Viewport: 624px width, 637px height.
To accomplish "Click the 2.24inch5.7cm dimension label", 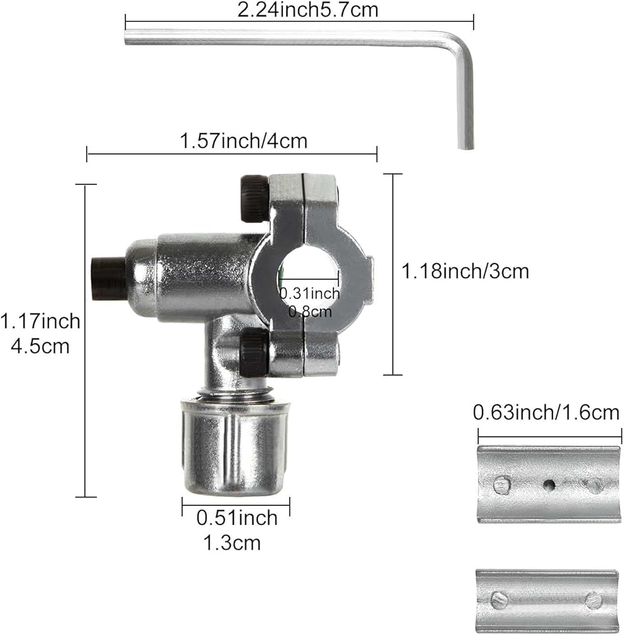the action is tap(308, 10).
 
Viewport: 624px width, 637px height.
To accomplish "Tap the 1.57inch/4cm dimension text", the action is tap(243, 141).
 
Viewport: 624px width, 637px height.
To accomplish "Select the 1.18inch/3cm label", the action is tap(465, 271).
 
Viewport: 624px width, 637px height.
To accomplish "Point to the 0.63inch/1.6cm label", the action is tap(546, 413).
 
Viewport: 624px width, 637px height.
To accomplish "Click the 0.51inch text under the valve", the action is tap(237, 518).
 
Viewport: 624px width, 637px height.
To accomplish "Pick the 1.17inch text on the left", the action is tap(40, 321).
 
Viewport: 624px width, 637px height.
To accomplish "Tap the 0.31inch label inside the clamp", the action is tap(310, 293).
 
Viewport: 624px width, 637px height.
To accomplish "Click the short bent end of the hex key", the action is tap(465, 101).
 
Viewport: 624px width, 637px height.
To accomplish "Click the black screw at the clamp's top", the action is tap(254, 198).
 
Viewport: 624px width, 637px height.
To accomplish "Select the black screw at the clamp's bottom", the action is tap(254, 352).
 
